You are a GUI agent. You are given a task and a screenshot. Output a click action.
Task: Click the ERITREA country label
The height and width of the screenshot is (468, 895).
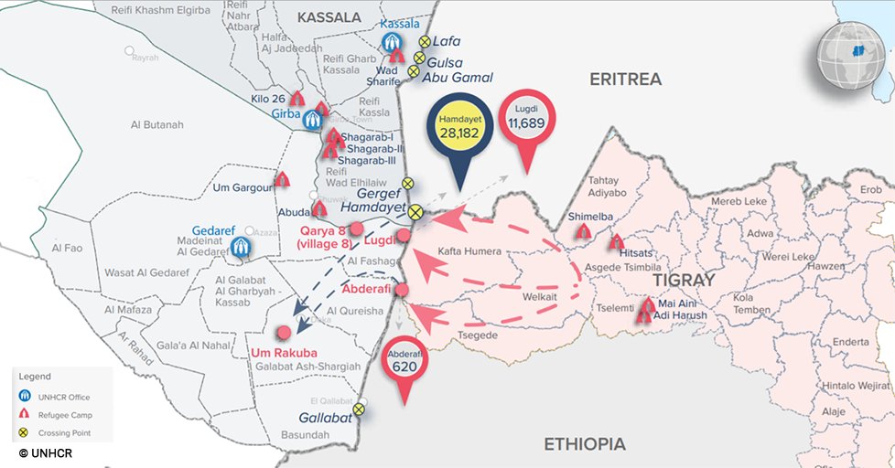coord(625,80)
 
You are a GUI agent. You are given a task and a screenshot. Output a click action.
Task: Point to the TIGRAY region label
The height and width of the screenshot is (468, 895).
coord(683,279)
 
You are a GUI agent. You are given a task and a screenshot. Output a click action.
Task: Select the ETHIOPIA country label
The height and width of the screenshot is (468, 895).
coord(585,444)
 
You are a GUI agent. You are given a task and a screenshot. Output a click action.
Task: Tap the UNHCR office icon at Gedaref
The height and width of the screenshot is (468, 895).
coord(242,247)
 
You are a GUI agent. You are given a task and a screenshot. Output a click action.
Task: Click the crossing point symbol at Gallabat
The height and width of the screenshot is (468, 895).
coord(360,409)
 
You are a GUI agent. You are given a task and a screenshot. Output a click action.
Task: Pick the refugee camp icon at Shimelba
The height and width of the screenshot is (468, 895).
coord(582,233)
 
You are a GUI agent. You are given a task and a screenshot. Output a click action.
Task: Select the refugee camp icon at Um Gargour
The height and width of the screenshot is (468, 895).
coord(283,180)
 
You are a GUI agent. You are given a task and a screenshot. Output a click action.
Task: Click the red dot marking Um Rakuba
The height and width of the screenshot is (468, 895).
coord(285,332)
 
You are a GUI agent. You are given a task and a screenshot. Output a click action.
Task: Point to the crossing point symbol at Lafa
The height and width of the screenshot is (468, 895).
coord(425,42)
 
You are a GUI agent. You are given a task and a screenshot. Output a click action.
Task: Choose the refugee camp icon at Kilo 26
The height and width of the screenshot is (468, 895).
coord(297,98)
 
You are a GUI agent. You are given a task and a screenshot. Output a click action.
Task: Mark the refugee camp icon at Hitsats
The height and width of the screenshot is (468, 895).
coord(616,243)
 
